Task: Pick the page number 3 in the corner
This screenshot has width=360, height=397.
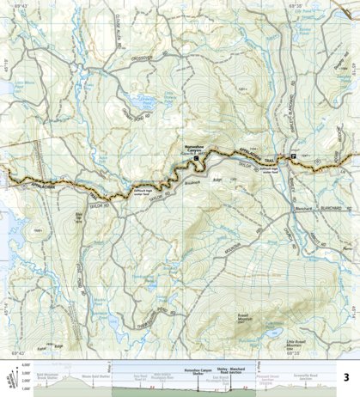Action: pos(345,376)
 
